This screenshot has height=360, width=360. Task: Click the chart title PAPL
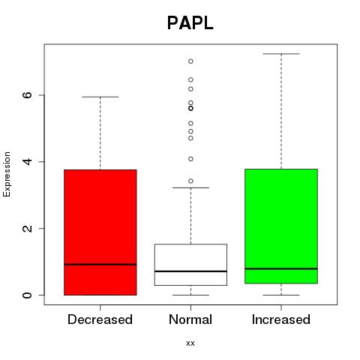190,23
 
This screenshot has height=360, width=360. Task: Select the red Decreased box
100,232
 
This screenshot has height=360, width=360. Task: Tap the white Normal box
190,265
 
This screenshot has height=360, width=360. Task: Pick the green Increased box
281,226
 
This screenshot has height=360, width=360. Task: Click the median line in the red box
100,264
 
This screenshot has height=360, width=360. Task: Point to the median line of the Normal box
190,271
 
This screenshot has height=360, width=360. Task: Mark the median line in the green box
281,268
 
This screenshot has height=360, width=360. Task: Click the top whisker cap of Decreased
100,97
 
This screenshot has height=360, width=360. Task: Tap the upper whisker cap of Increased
281,54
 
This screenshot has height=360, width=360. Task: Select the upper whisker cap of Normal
190,187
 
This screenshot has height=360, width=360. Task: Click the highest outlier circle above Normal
190,61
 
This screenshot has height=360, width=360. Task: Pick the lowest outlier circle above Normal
190,181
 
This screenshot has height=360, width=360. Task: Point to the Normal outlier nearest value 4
190,159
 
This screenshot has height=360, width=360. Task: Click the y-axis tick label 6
28,95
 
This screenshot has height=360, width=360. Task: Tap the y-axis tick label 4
28,161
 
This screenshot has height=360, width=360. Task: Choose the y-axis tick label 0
28,295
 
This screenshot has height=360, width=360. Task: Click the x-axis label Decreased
100,319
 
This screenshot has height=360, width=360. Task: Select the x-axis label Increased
281,319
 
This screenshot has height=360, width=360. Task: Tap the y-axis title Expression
7,174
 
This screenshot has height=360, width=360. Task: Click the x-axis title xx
190,343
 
